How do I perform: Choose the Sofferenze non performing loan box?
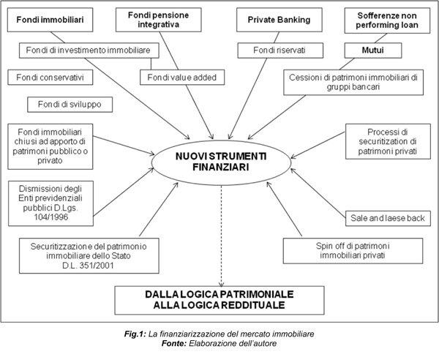pos(386,20)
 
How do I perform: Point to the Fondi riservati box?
pos(269,50)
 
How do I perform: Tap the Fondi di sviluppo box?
pos(70,105)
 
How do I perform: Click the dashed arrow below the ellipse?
pos(221,234)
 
